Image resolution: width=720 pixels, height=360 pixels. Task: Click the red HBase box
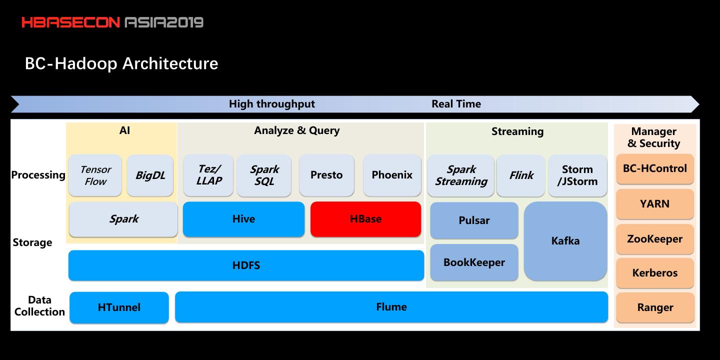365,219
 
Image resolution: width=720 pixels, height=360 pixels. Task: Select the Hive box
243,219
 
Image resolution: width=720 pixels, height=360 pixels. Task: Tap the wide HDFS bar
246,265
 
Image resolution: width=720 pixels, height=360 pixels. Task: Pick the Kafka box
565,241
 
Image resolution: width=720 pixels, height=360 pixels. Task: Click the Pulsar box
474,220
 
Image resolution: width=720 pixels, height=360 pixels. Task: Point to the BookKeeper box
474,262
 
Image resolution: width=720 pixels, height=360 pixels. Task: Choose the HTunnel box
119,307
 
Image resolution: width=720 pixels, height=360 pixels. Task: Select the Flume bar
391,307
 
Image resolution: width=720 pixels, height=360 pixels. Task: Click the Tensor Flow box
95,175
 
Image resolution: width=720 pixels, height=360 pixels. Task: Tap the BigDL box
150,175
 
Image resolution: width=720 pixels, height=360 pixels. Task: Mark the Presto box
326,175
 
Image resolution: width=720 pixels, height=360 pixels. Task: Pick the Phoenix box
392,175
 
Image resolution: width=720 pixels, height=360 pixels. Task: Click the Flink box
521,175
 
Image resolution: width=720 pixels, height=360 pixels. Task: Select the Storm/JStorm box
577,175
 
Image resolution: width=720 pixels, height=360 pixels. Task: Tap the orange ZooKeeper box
654,239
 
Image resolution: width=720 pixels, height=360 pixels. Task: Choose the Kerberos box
654,273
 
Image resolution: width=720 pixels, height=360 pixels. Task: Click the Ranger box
654,307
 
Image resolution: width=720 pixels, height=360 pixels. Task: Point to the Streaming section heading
517,131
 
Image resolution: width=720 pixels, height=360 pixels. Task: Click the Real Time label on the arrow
456,104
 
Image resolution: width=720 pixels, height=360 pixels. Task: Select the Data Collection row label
39,306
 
